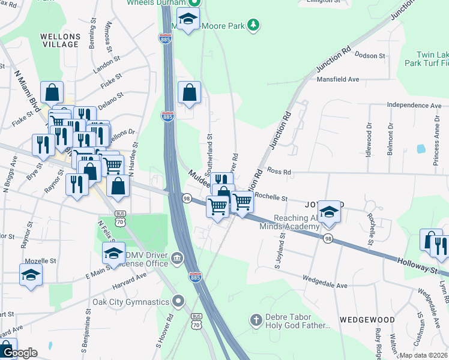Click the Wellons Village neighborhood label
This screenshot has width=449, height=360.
click(60, 41)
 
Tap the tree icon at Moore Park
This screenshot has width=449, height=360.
click(255, 25)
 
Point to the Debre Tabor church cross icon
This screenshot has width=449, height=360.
click(256, 320)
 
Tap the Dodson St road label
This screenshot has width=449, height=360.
click(370, 56)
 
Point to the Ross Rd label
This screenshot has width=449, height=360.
click(279, 172)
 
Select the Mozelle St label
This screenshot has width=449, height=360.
click(41, 262)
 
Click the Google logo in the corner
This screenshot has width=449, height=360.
click(19, 353)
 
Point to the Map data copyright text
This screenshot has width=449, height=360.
click(423, 355)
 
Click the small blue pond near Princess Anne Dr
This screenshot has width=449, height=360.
click(420, 148)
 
